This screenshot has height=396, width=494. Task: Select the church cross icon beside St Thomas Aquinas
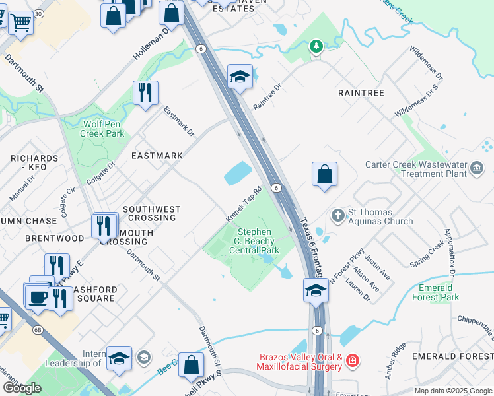point(337,215)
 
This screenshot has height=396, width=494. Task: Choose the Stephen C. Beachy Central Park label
point(255,241)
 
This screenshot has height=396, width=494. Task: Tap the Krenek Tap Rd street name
point(244,204)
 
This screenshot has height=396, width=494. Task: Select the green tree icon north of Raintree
point(316,46)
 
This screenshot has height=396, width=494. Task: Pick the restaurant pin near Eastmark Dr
point(144,92)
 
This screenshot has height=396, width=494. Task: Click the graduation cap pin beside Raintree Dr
point(240,76)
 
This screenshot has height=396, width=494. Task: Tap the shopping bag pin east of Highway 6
point(324,175)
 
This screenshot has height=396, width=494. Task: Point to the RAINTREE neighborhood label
point(361,93)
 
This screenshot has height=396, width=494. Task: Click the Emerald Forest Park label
point(439,292)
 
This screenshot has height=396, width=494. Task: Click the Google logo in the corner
point(21,388)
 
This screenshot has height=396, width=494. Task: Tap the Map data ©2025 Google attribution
point(453,391)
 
